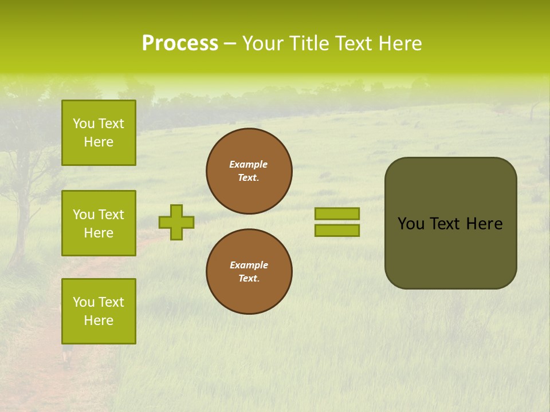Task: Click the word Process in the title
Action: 180,43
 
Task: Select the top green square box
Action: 99,133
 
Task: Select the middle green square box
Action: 99,223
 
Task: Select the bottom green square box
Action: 99,311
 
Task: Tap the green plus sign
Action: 176,222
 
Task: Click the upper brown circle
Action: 249,171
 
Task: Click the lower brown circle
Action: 249,272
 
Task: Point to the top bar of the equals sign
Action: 337,213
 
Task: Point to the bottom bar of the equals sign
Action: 337,231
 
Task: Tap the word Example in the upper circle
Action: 249,164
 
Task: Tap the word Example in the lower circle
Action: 249,265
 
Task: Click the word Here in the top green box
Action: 99,142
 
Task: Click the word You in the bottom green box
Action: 83,302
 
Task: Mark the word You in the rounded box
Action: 411,224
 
